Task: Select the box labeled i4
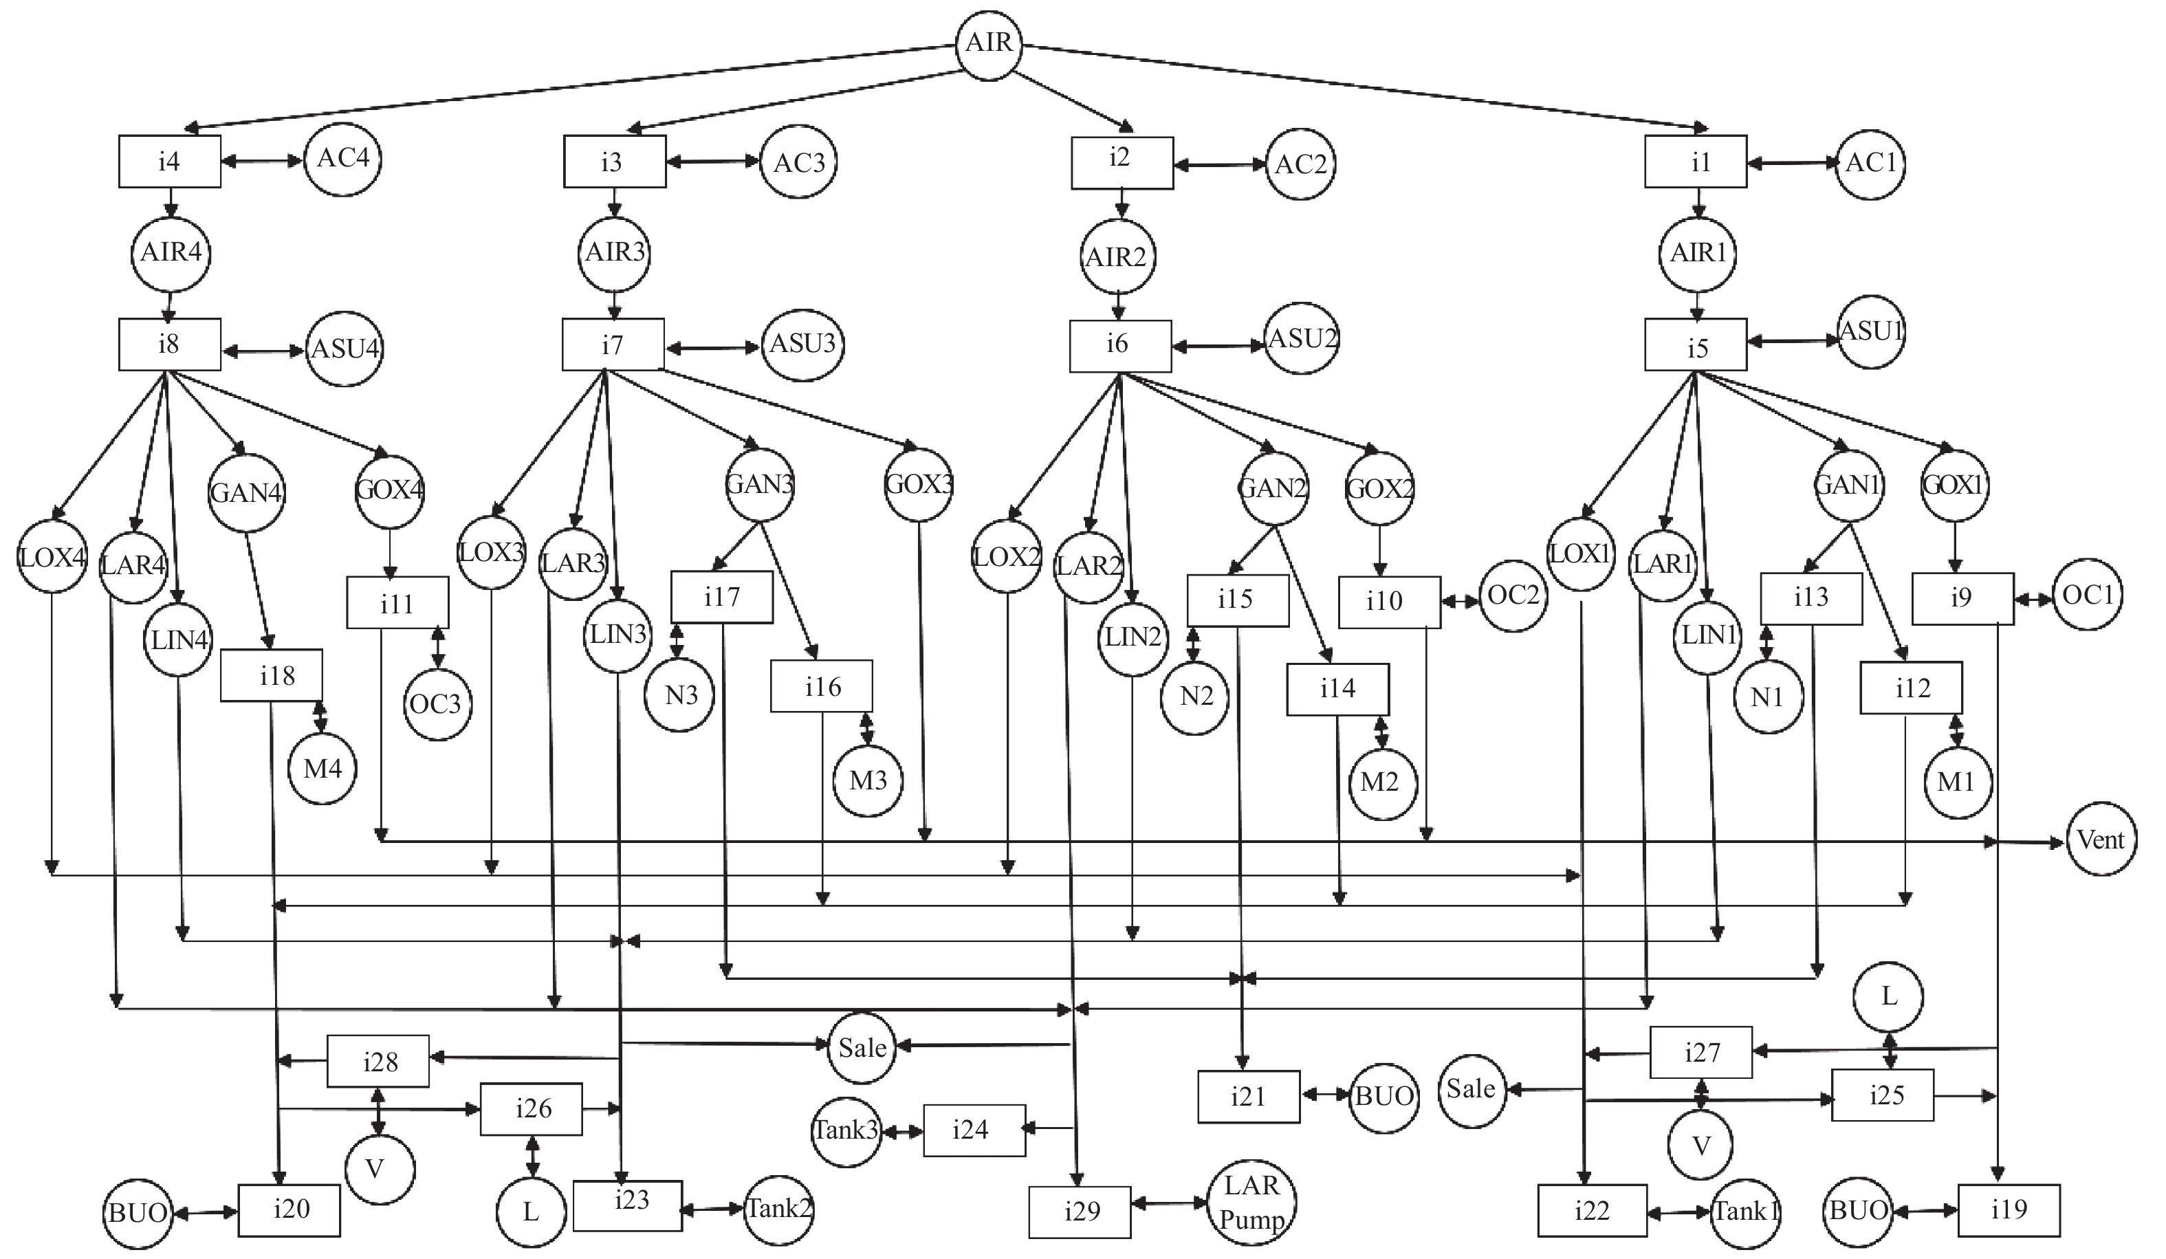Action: [169, 162]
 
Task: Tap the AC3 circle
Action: [798, 162]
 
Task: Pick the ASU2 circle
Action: [1301, 338]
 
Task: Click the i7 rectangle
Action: [613, 344]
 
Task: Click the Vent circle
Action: [2101, 839]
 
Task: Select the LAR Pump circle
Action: [1251, 1203]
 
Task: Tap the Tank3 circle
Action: [846, 1130]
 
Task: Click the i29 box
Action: [1080, 1212]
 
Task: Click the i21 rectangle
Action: [1248, 1097]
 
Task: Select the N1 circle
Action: [1768, 698]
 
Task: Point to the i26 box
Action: [531, 1108]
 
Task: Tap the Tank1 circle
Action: [1745, 1212]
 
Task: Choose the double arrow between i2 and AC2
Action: [1221, 165]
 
